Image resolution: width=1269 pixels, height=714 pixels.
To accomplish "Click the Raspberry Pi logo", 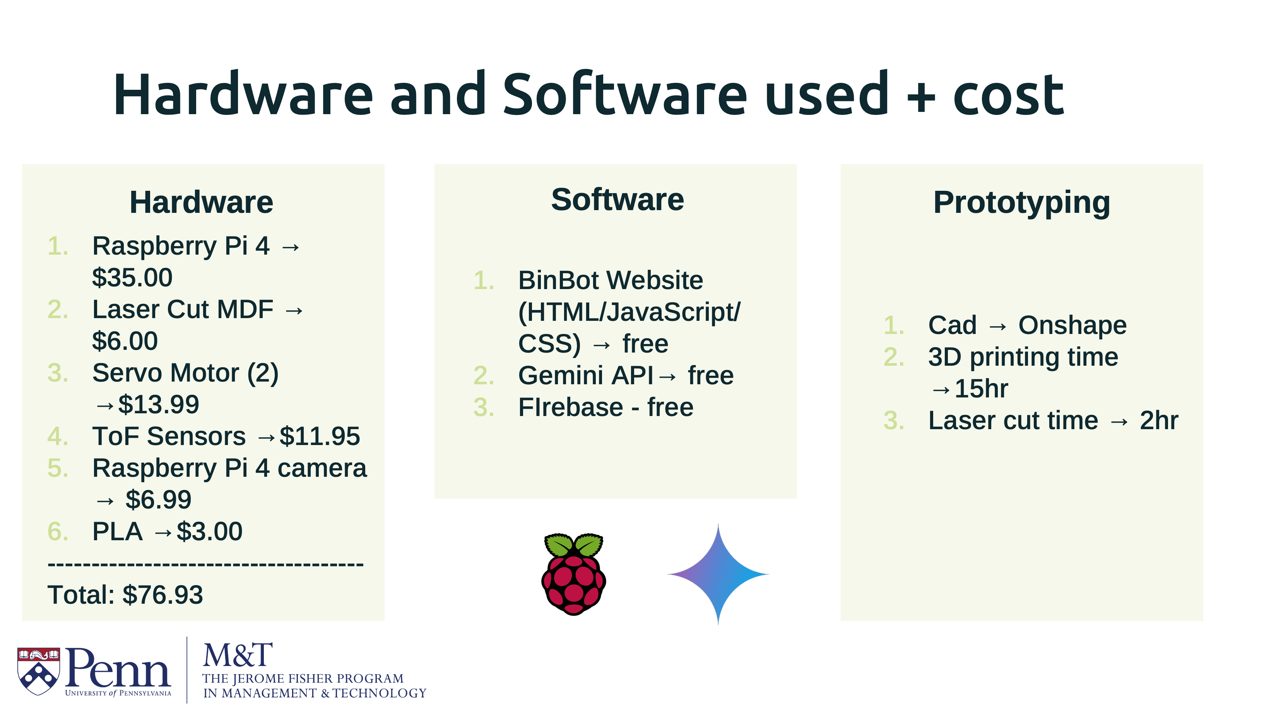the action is click(x=573, y=574).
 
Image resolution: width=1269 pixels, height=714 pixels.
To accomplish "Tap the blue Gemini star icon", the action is click(x=718, y=574).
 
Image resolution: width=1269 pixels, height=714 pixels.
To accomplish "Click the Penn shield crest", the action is click(x=38, y=671).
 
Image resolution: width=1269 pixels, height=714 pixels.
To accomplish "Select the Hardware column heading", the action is click(x=201, y=202).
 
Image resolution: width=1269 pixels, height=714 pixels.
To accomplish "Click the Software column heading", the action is click(x=617, y=200).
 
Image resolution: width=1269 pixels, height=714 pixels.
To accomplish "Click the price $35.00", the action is click(x=132, y=277).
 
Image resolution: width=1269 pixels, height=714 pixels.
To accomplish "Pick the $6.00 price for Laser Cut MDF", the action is click(x=125, y=341).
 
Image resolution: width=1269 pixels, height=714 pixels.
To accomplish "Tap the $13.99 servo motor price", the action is click(x=159, y=404).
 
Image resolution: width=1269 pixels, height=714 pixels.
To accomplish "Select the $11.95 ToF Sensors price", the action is click(x=320, y=437).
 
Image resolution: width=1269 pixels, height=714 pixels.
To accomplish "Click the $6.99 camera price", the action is click(x=158, y=500).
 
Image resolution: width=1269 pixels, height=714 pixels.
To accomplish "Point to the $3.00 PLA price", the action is click(x=209, y=532).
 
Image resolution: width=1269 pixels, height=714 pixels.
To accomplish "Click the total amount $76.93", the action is click(x=162, y=595).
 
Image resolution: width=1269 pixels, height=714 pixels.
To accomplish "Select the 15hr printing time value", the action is click(x=981, y=389).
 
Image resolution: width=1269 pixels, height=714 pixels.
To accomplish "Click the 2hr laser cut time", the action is click(x=1159, y=421).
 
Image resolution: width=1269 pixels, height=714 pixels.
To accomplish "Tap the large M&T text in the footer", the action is click(x=238, y=656).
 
